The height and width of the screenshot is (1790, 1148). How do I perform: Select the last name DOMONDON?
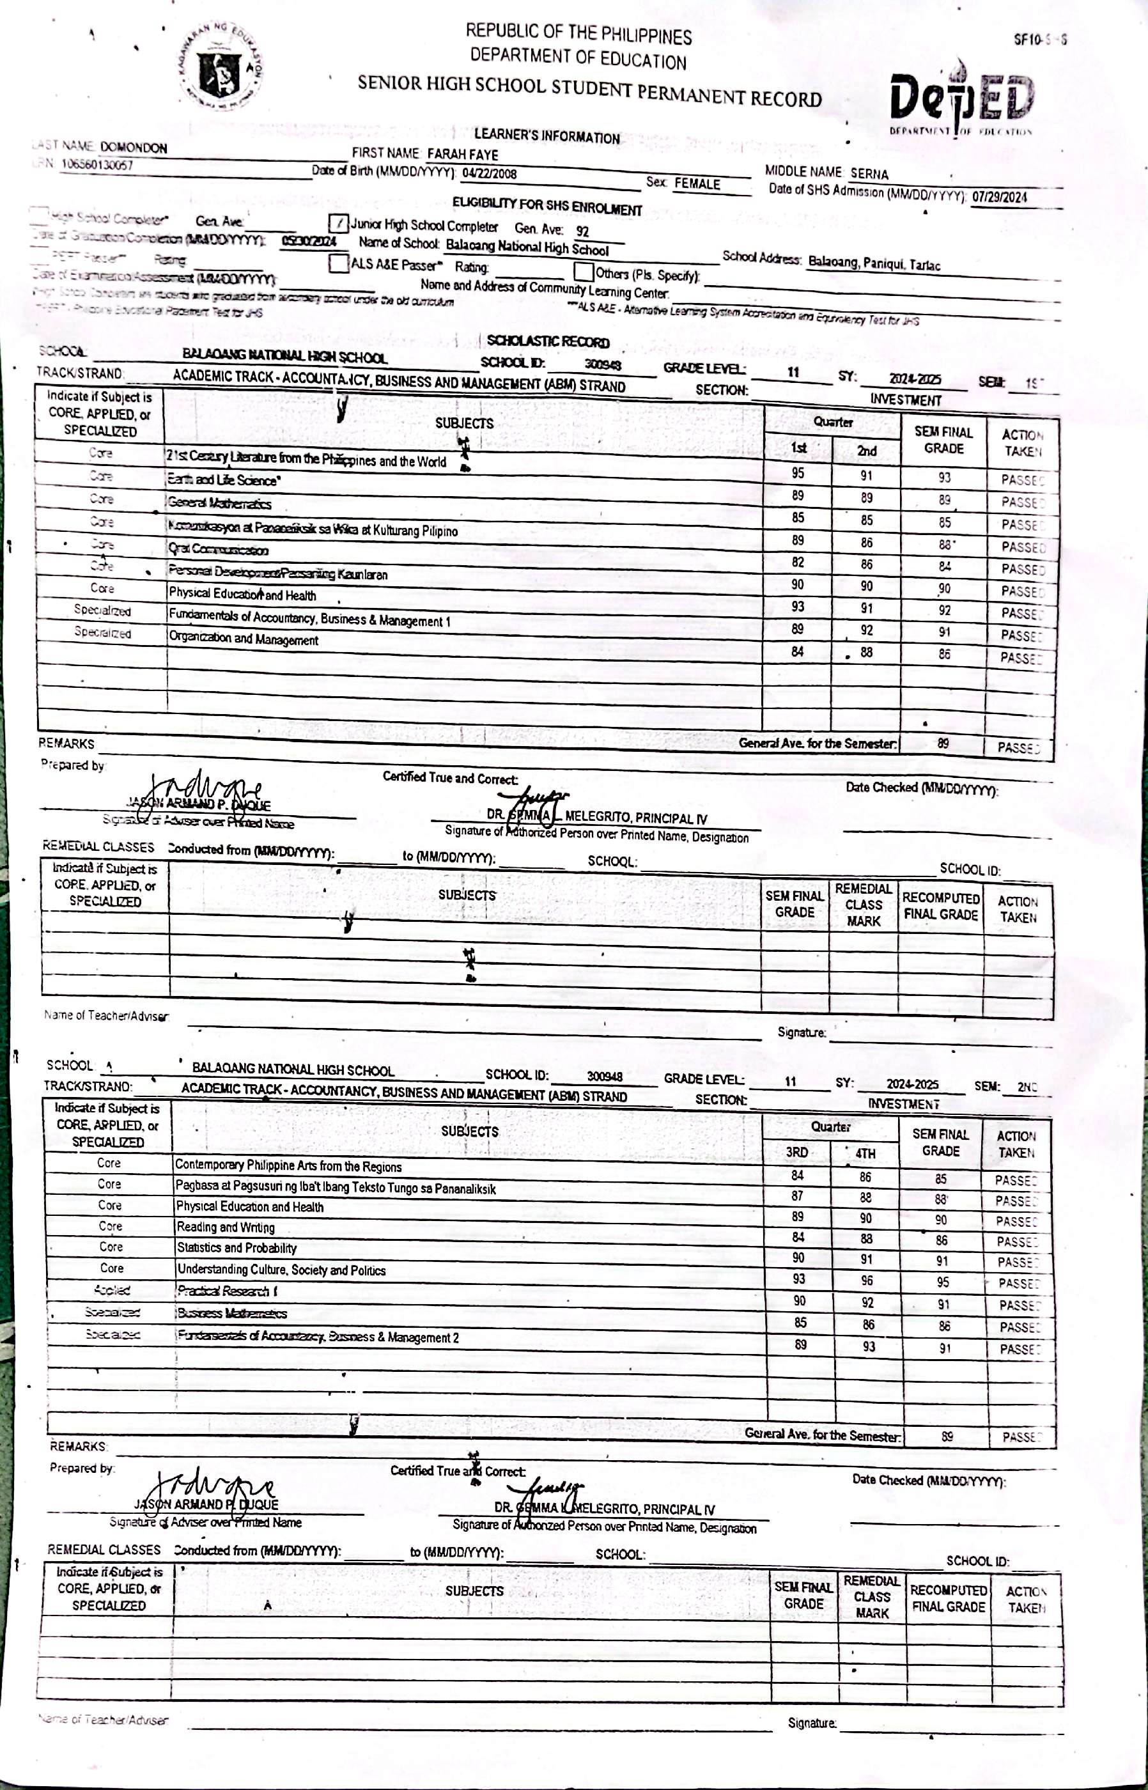click(134, 147)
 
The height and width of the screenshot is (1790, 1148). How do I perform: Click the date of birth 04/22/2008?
click(489, 174)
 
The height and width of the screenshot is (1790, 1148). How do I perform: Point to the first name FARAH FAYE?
click(462, 154)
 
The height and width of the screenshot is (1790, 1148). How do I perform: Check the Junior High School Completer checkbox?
click(338, 223)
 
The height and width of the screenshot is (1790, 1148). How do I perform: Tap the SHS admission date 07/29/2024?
click(999, 197)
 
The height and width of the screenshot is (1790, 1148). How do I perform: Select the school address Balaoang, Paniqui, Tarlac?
click(874, 263)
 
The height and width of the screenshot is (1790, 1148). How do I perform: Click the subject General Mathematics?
click(219, 503)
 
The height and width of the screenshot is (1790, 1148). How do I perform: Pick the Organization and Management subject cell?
click(243, 639)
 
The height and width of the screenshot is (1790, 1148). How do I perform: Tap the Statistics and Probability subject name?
click(237, 1248)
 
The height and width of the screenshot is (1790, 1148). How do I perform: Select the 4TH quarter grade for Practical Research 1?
click(867, 1280)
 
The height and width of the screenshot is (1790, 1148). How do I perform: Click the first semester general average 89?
click(943, 743)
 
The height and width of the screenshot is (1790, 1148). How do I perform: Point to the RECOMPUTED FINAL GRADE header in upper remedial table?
click(940, 906)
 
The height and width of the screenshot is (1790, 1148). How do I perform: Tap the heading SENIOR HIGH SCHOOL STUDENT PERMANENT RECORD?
click(589, 90)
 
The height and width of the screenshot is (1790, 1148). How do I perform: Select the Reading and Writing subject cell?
click(225, 1227)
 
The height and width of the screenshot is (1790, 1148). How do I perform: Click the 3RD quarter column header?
click(797, 1153)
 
